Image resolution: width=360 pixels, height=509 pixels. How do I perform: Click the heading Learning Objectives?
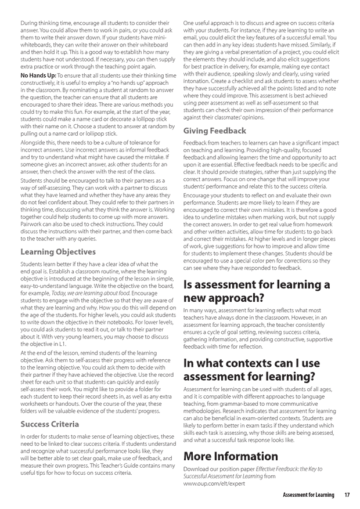point(58,252)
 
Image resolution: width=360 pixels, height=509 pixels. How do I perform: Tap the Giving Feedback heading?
point(215,131)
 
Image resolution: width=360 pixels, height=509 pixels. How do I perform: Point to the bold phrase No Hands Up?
point(38,75)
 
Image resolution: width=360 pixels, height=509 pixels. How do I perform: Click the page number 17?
point(347,495)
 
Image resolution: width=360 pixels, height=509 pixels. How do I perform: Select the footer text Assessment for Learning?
point(308,495)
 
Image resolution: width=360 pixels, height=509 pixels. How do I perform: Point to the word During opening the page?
point(31,21)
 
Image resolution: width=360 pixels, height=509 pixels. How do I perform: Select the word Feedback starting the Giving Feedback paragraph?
point(196,142)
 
